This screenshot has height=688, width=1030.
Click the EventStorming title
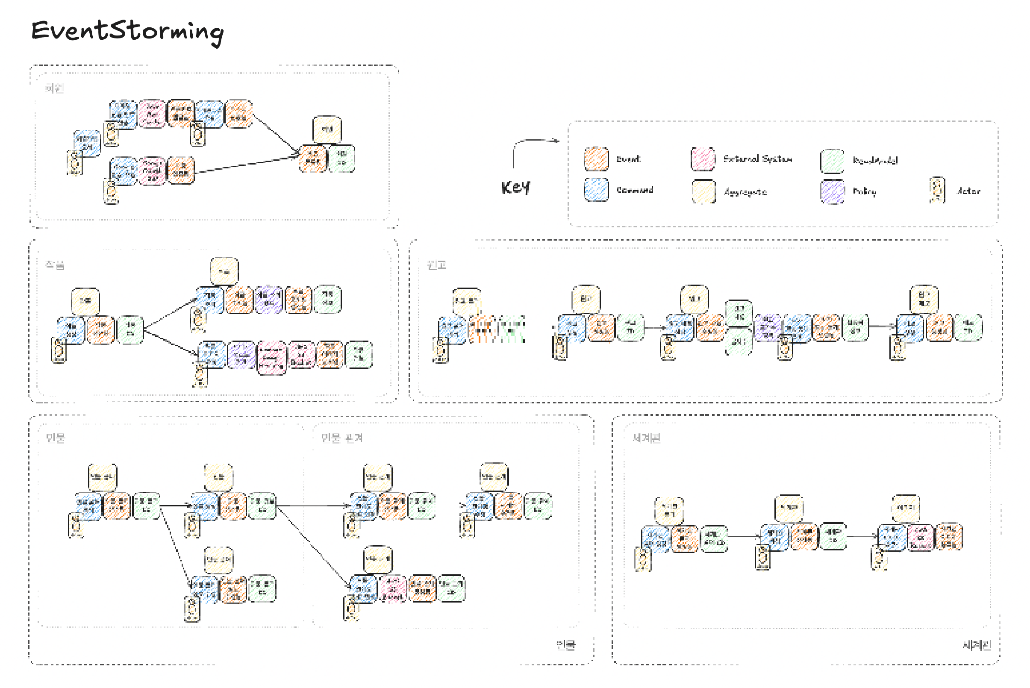coord(127,31)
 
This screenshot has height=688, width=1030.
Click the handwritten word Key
coord(515,187)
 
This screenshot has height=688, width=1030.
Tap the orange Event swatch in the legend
coord(596,159)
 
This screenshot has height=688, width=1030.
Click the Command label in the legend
coord(635,190)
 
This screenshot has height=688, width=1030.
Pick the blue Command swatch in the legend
coord(596,190)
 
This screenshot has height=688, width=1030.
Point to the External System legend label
coord(757,159)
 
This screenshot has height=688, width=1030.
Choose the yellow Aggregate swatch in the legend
coord(703,192)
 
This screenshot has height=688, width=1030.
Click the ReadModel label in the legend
coord(875,161)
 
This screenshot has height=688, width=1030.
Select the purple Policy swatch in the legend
coord(832,192)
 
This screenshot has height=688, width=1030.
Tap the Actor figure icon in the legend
coord(937,191)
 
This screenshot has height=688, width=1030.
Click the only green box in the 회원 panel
coord(341,159)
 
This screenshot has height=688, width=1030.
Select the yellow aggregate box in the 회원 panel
coord(327,129)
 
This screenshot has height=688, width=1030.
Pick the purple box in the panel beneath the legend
coord(768,327)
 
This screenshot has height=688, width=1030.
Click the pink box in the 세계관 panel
coord(920,537)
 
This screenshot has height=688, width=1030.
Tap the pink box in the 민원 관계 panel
coord(392,588)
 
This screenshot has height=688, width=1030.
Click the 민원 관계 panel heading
coord(341,438)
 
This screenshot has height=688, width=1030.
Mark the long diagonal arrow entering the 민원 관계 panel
coord(314,546)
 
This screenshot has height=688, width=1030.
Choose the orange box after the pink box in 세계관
coord(949,537)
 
